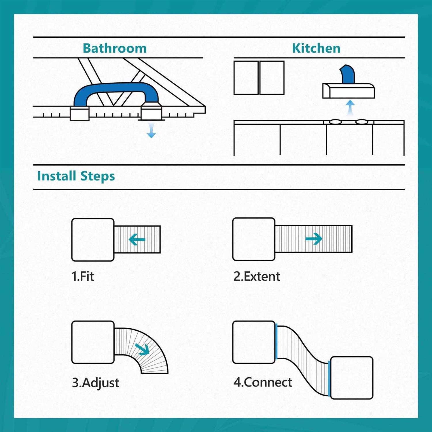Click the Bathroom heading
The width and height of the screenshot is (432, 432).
click(115, 48)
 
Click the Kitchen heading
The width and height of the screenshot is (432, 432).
click(316, 48)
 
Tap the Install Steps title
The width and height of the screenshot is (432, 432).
click(76, 176)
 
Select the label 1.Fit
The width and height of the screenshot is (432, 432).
click(83, 276)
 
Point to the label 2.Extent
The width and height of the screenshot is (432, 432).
click(257, 276)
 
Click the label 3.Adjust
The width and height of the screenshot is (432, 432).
click(95, 383)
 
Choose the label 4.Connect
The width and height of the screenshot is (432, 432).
click(263, 382)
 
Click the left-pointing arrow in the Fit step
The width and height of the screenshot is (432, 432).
click(137, 239)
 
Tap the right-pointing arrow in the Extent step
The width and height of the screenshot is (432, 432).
click(314, 239)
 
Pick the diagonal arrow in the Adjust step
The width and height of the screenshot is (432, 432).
click(143, 349)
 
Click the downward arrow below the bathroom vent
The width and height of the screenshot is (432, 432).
click(151, 130)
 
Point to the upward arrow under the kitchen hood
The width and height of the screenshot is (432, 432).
click(350, 108)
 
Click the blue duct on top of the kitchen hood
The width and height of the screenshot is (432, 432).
click(347, 74)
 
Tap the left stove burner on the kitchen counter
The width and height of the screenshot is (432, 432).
click(335, 122)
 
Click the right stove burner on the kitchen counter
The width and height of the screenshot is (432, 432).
click(362, 122)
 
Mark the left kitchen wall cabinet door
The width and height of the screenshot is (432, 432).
click(246, 77)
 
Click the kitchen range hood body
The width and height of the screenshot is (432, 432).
click(348, 91)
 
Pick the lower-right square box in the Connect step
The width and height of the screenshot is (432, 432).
click(352, 378)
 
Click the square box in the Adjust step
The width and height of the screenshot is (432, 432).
click(93, 342)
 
